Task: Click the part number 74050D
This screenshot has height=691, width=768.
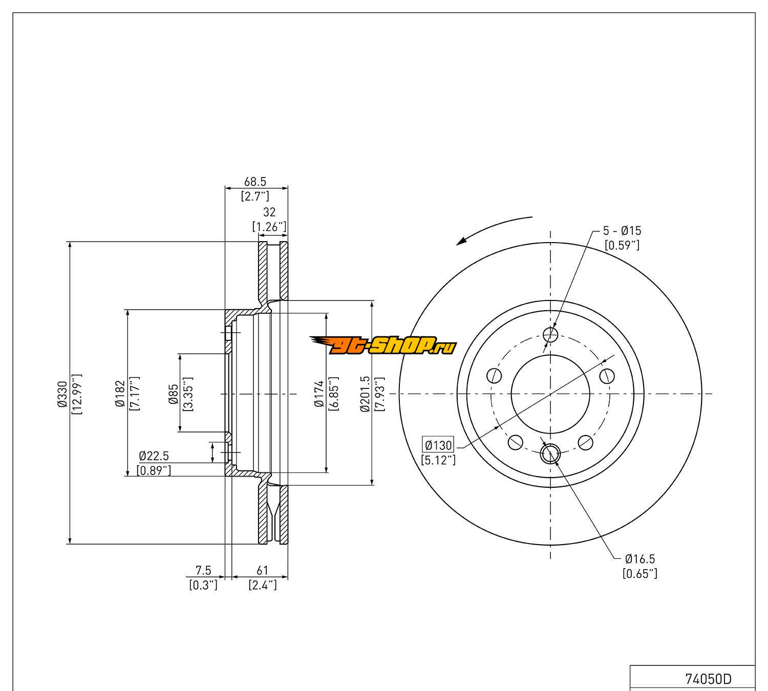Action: (x=708, y=679)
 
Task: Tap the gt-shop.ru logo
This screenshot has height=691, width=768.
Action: (x=383, y=347)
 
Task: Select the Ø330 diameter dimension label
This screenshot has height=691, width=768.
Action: (x=62, y=393)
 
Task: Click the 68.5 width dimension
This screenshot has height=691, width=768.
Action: (x=255, y=182)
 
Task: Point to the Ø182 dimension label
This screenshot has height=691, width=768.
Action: (x=120, y=393)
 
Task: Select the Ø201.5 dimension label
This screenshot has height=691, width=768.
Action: (x=365, y=393)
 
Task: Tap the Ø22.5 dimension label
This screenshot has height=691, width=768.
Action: (x=154, y=456)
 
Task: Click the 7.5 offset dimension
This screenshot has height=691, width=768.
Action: (x=203, y=570)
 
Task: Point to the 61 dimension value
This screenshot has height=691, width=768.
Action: (x=262, y=570)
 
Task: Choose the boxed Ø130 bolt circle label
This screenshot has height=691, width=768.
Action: (x=438, y=445)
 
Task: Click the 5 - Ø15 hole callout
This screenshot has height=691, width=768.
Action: (x=622, y=231)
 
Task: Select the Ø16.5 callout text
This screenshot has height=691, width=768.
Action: (x=640, y=559)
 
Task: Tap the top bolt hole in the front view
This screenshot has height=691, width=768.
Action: (x=550, y=335)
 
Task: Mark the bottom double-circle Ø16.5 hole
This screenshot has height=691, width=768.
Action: (x=550, y=453)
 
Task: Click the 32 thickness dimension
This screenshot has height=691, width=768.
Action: (x=269, y=212)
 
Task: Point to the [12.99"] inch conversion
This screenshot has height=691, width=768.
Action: (x=77, y=393)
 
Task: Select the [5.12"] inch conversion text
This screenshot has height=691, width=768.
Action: (x=438, y=460)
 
